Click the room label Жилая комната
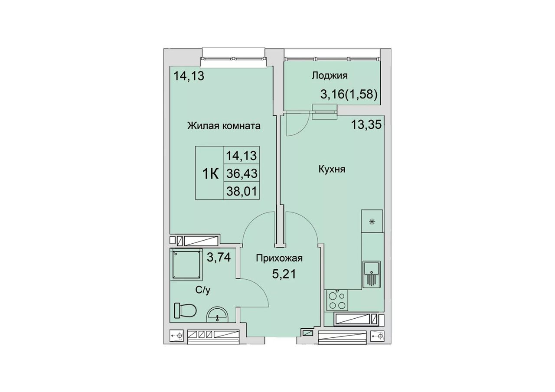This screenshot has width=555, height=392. pos(224,126)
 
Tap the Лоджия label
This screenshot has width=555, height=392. pos(330,75)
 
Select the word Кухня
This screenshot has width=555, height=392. pos(332,170)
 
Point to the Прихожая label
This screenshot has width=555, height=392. pos(279,258)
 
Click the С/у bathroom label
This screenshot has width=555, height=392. pos(202,290)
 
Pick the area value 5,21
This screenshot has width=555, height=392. pos(284,274)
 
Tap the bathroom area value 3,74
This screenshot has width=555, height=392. pos(219,257)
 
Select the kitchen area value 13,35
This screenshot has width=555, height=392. pos(366,124)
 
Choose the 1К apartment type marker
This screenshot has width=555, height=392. pos(210,173)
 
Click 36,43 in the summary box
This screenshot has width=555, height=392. pos(242,173)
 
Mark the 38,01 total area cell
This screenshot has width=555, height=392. pos(242,191)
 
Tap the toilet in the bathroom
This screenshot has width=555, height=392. pos(185,310)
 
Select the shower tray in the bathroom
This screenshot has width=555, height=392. pos(186,264)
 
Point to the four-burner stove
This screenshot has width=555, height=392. pos(337,300)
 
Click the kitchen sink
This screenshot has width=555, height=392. pos(372,274)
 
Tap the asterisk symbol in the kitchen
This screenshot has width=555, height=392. pos(372,222)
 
